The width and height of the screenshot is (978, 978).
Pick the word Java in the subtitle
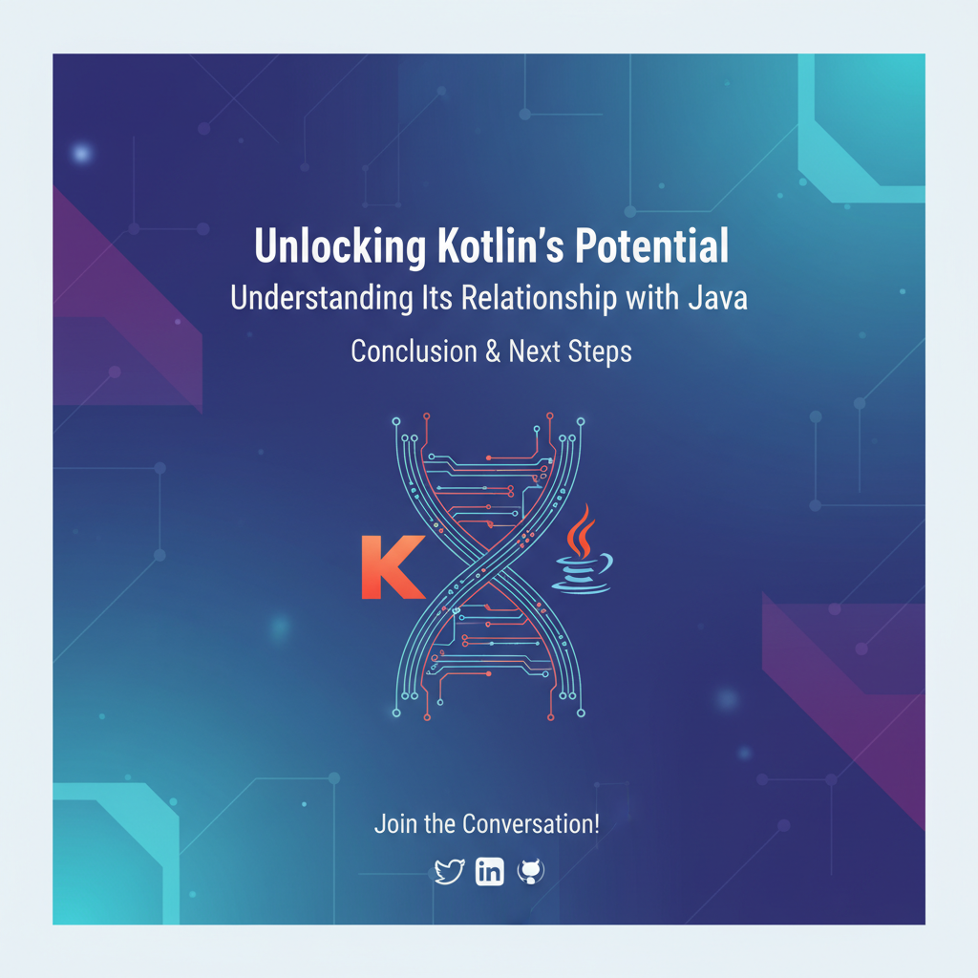pyautogui.click(x=717, y=298)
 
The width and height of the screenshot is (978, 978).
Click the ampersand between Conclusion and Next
pyautogui.click(x=493, y=351)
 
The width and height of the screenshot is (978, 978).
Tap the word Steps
pyautogui.click(x=599, y=351)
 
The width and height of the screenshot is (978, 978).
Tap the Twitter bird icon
pyautogui.click(x=449, y=871)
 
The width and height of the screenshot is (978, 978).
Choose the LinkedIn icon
pyautogui.click(x=490, y=871)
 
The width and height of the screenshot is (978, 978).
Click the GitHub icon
pyautogui.click(x=530, y=871)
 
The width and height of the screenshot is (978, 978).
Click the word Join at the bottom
pyautogui.click(x=394, y=823)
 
